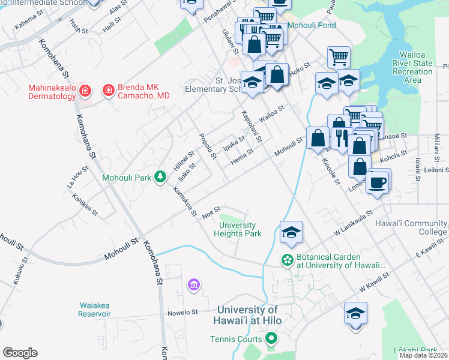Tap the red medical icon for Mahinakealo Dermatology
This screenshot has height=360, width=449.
coord(85,91)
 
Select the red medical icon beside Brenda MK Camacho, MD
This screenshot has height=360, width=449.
coord(109,91)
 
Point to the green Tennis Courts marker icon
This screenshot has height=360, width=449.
coord(270,339)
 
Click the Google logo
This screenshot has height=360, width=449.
coord(20,353)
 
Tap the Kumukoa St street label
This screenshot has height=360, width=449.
coord(184,200)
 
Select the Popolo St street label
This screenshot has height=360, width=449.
coord(207,146)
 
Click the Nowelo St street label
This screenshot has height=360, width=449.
coord(182,312)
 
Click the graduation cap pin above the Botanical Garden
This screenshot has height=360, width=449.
coord(291,233)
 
